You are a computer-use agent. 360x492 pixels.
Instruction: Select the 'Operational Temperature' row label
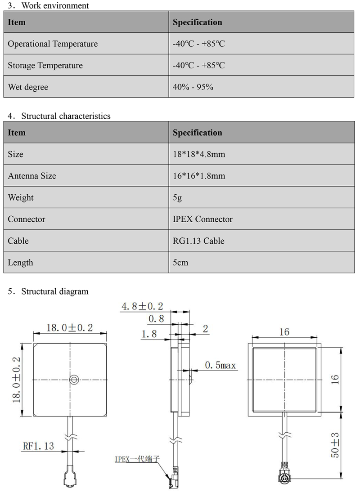53,44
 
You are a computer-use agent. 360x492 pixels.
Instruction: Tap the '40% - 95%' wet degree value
193,87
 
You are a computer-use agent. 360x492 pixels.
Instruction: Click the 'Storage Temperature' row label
45,65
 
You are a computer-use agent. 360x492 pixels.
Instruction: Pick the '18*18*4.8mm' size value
199,154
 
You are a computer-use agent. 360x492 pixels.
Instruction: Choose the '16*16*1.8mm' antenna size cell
199,176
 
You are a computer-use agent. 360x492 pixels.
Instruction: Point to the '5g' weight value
177,197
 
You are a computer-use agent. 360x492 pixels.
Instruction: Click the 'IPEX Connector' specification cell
202,219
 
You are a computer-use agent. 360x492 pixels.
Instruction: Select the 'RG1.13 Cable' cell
198,241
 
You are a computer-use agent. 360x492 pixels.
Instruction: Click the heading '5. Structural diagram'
48,291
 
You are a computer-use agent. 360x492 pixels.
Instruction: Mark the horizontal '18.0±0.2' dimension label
70,327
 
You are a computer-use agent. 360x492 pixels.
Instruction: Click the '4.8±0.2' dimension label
142,307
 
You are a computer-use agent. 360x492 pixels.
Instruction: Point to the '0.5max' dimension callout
220,365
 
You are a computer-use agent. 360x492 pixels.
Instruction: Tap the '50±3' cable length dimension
335,446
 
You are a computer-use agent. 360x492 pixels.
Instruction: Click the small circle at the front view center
74,380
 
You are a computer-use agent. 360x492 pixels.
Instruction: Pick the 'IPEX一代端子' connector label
137,459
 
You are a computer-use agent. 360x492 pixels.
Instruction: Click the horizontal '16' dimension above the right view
284,332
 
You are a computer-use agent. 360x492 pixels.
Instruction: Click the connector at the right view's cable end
284,478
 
